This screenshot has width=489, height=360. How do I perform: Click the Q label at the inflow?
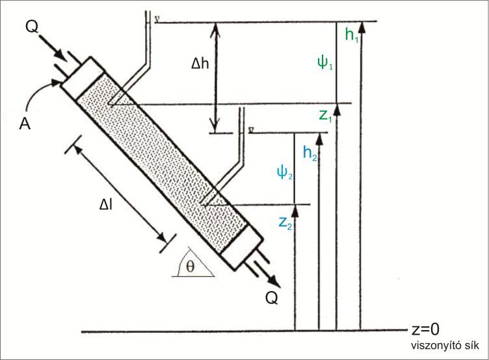pyautogui.click(x=32, y=27)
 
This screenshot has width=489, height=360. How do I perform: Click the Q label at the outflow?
pyautogui.click(x=272, y=298)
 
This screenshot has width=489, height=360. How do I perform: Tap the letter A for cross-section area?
pyautogui.click(x=25, y=123)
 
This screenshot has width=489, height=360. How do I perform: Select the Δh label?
pyautogui.click(x=200, y=64)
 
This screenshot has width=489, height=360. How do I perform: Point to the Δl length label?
pyautogui.click(x=106, y=205)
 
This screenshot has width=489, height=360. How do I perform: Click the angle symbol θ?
pyautogui.click(x=190, y=266)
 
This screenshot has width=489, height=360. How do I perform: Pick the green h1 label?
pyautogui.click(x=352, y=34)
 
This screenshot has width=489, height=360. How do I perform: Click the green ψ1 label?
pyautogui.click(x=325, y=62)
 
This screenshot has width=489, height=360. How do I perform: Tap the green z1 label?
pyautogui.click(x=325, y=116)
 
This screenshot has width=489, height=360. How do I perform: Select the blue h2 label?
pyautogui.click(x=310, y=153)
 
